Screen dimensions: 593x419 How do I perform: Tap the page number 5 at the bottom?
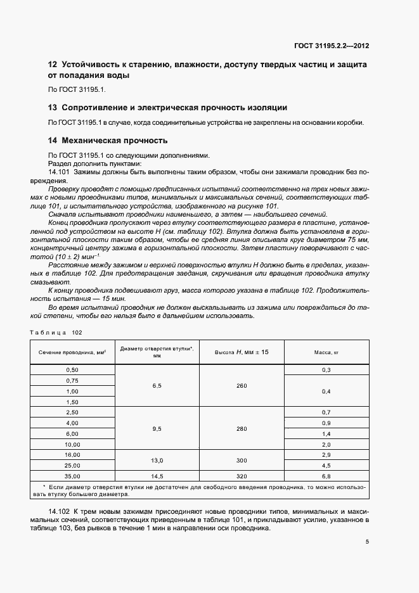click(x=368, y=541)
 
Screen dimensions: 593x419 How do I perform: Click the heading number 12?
click(x=53, y=65)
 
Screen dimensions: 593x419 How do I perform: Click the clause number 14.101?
click(x=60, y=172)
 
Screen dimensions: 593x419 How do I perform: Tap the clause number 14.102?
click(x=60, y=511)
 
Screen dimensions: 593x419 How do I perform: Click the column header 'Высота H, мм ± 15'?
click(x=242, y=352)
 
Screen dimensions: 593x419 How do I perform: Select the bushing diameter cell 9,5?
click(x=157, y=428)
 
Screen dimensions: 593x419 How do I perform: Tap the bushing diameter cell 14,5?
click(x=157, y=476)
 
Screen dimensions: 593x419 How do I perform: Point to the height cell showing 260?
click(x=242, y=385)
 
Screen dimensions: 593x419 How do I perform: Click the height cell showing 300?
click(x=242, y=460)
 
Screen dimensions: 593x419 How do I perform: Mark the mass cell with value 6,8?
click(x=326, y=476)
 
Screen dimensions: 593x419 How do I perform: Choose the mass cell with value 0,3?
click(x=326, y=369)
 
